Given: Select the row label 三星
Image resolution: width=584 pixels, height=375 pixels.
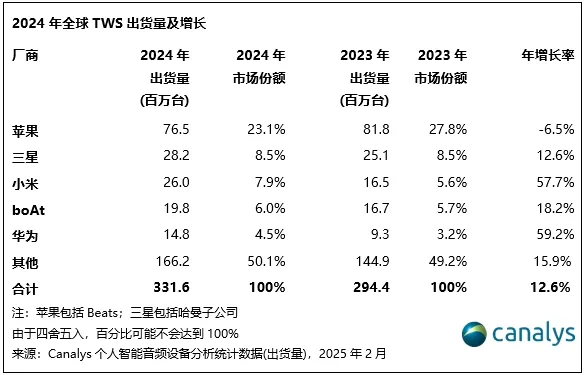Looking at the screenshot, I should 23,155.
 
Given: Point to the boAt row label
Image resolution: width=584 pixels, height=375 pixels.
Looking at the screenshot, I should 29,205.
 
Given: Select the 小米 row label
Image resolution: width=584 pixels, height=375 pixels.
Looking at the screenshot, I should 23,180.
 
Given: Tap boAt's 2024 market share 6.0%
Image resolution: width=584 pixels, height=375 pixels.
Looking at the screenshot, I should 268,205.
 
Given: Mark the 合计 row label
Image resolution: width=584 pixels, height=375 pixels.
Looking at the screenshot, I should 23,287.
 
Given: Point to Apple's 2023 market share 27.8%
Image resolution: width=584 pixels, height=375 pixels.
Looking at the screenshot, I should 451,130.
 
